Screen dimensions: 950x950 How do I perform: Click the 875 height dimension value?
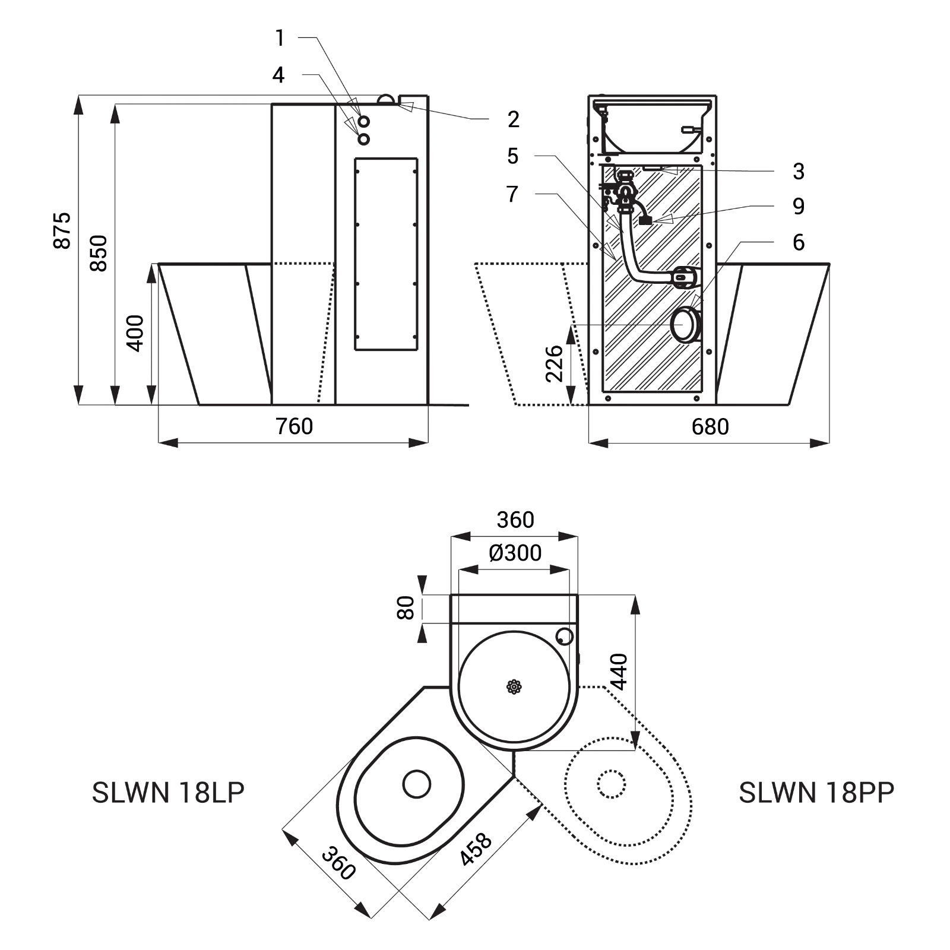62,230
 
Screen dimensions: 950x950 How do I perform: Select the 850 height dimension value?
99,254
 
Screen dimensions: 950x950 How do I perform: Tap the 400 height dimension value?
136,334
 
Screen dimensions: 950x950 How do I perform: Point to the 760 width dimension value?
294,426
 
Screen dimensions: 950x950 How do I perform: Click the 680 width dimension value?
710,426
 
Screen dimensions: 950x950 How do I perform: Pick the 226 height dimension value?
554,363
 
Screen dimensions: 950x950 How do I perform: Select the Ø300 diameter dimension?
515,553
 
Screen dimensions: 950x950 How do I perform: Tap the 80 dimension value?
406,609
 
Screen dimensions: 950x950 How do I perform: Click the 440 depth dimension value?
619,672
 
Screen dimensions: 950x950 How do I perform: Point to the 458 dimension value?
476,849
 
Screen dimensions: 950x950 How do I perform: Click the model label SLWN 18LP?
168,793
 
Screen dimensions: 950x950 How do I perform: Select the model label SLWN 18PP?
816,793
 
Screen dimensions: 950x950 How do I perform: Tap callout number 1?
280,38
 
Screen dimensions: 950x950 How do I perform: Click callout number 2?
514,119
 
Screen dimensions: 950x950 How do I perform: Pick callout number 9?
799,206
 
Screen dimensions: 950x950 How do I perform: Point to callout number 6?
799,242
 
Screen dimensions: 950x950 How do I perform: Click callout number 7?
512,194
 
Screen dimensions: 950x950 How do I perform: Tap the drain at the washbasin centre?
514,687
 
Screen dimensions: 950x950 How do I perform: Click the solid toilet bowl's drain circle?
417,784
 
